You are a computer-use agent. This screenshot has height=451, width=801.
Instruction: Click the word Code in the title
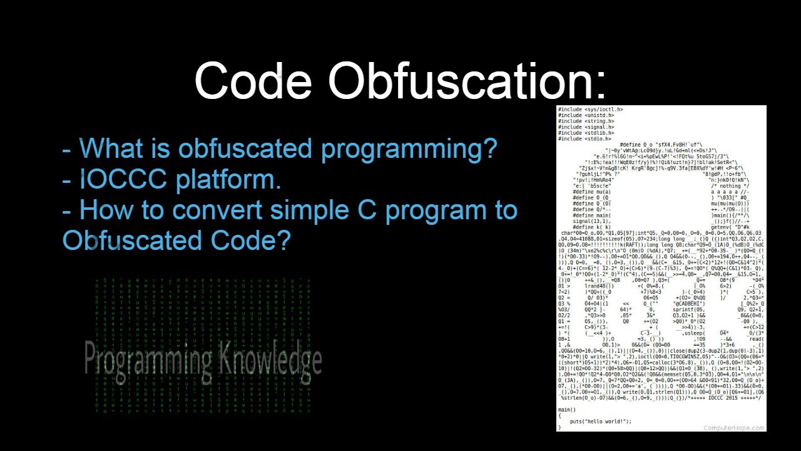pos(253,81)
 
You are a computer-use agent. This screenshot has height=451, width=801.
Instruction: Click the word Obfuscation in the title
pos(467,81)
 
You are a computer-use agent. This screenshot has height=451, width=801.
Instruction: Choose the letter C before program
pos(368,210)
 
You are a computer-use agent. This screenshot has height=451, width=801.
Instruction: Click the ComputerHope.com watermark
pos(733,428)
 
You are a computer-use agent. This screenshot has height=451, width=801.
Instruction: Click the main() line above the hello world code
pos(567,410)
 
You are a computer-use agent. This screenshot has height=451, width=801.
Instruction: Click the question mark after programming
pos(489,149)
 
